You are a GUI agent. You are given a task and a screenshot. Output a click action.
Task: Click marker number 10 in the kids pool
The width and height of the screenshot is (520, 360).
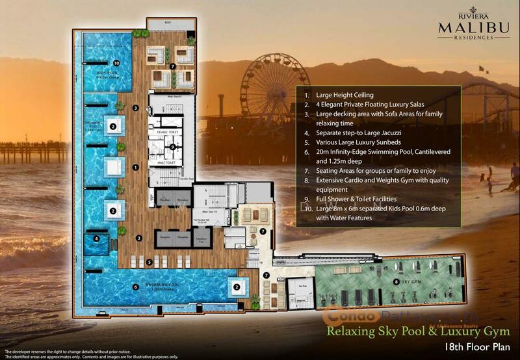click(116, 63)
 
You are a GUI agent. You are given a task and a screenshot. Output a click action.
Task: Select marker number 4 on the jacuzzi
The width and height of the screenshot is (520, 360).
click(96, 238)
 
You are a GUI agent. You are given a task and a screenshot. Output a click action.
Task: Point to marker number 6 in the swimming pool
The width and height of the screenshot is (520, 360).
click(135, 287)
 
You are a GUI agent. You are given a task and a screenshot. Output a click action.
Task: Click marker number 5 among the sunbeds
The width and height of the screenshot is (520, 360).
click(149, 263)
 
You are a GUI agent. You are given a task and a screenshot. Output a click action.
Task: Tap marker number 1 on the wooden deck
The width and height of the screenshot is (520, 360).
click(135, 167)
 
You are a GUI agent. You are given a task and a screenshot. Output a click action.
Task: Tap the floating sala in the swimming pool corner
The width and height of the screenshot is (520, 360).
click(239, 287)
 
